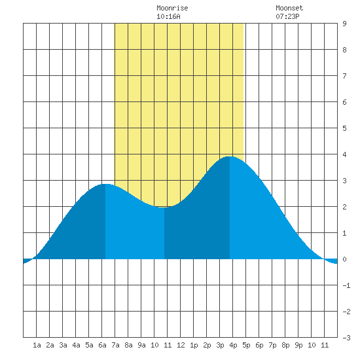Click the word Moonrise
coord(172,8)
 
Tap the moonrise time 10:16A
coord(168,16)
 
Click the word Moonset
coord(289,8)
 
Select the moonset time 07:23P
coord(287,16)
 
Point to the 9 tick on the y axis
coord(344,24)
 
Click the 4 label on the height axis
coord(344,154)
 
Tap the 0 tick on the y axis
coord(344,259)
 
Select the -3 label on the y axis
coord(346,338)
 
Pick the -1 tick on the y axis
coord(346,285)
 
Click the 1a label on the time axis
coord(37,345)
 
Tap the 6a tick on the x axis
coord(102,345)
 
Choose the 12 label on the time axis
coord(181,345)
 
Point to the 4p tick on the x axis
coord(233,345)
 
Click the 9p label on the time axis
coord(298,345)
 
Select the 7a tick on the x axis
coord(115,345)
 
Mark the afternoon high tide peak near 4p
coord(230,156)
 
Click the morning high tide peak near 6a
coord(105,184)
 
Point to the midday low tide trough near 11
coord(164,207)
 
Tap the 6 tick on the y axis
coord(344,102)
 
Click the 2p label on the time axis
coord(207,345)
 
